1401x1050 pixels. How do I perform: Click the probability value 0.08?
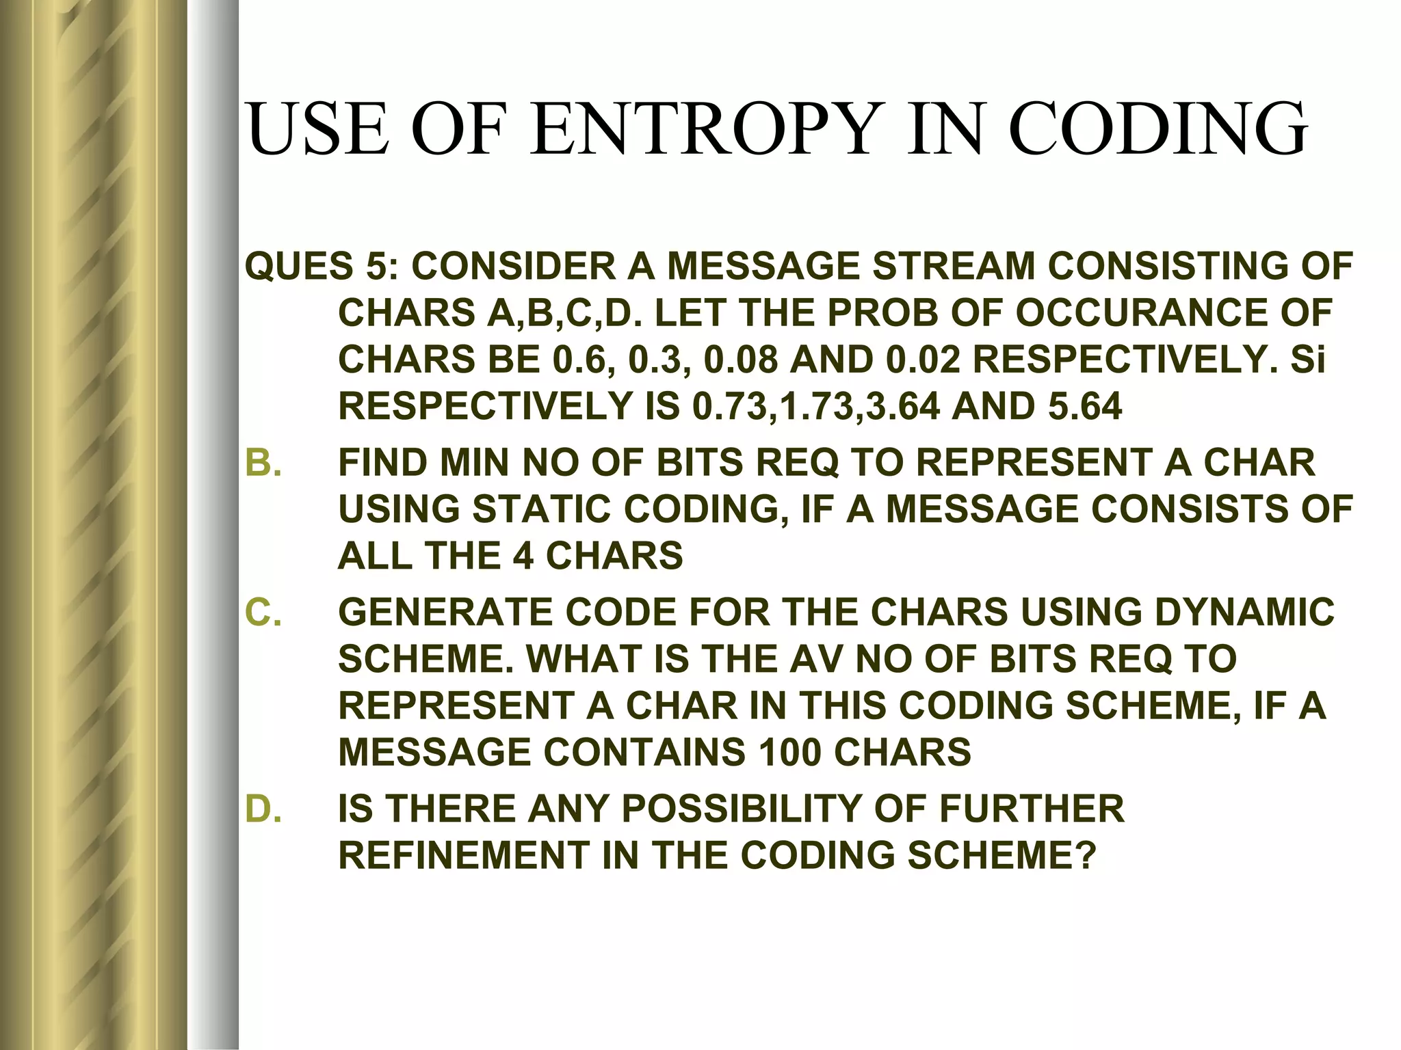click(742, 360)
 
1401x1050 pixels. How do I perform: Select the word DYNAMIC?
click(1244, 612)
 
